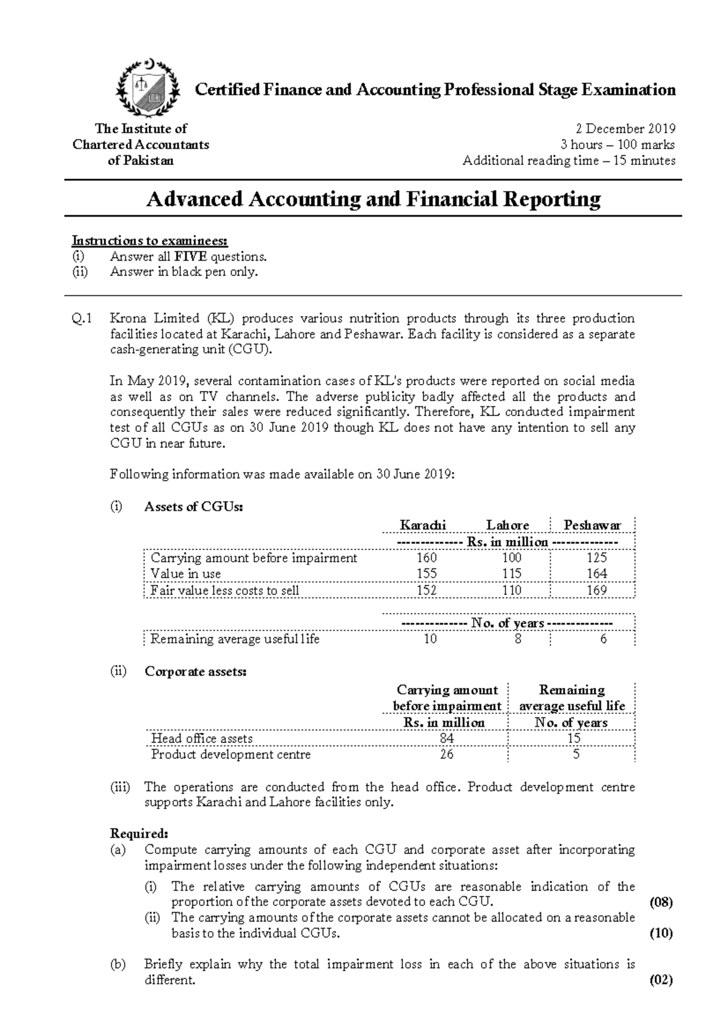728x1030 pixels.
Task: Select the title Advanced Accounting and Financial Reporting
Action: point(373,199)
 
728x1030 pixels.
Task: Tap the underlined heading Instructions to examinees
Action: point(150,241)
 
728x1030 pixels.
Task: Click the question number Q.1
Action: point(82,318)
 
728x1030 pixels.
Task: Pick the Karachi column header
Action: point(423,525)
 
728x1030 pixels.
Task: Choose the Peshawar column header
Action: point(592,525)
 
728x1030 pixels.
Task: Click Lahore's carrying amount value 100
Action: point(511,558)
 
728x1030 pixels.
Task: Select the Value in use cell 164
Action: point(596,574)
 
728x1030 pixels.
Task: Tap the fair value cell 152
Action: point(426,590)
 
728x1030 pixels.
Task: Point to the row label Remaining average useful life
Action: point(235,639)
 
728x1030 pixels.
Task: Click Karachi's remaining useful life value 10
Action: point(430,639)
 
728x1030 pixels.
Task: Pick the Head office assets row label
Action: point(201,739)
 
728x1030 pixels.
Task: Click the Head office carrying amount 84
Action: point(447,739)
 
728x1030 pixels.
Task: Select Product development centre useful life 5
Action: point(576,755)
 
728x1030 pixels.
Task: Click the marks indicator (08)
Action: point(661,902)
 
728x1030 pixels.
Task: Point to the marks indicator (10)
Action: point(661,934)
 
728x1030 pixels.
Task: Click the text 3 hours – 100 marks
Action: point(617,145)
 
